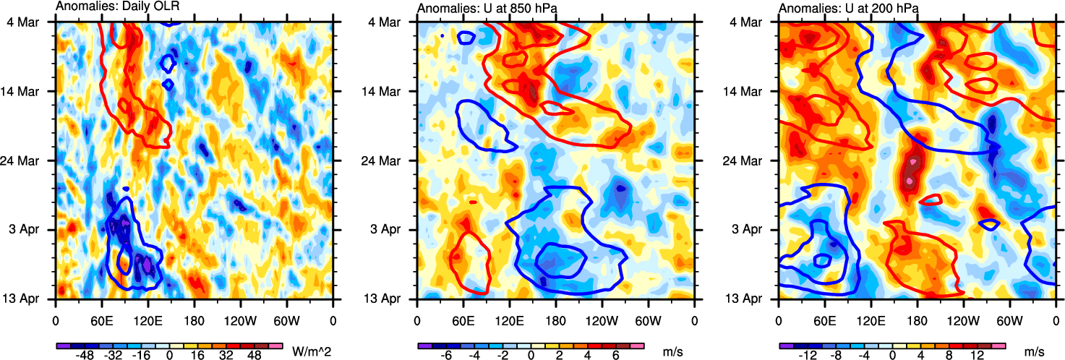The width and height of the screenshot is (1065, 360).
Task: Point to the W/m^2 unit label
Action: point(311,351)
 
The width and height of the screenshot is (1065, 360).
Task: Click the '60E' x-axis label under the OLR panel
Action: point(101,319)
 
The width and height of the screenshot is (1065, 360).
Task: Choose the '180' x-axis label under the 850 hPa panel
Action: point(555,319)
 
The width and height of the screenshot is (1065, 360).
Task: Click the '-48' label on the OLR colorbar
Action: point(78,356)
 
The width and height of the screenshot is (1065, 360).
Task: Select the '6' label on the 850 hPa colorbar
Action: point(616,356)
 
